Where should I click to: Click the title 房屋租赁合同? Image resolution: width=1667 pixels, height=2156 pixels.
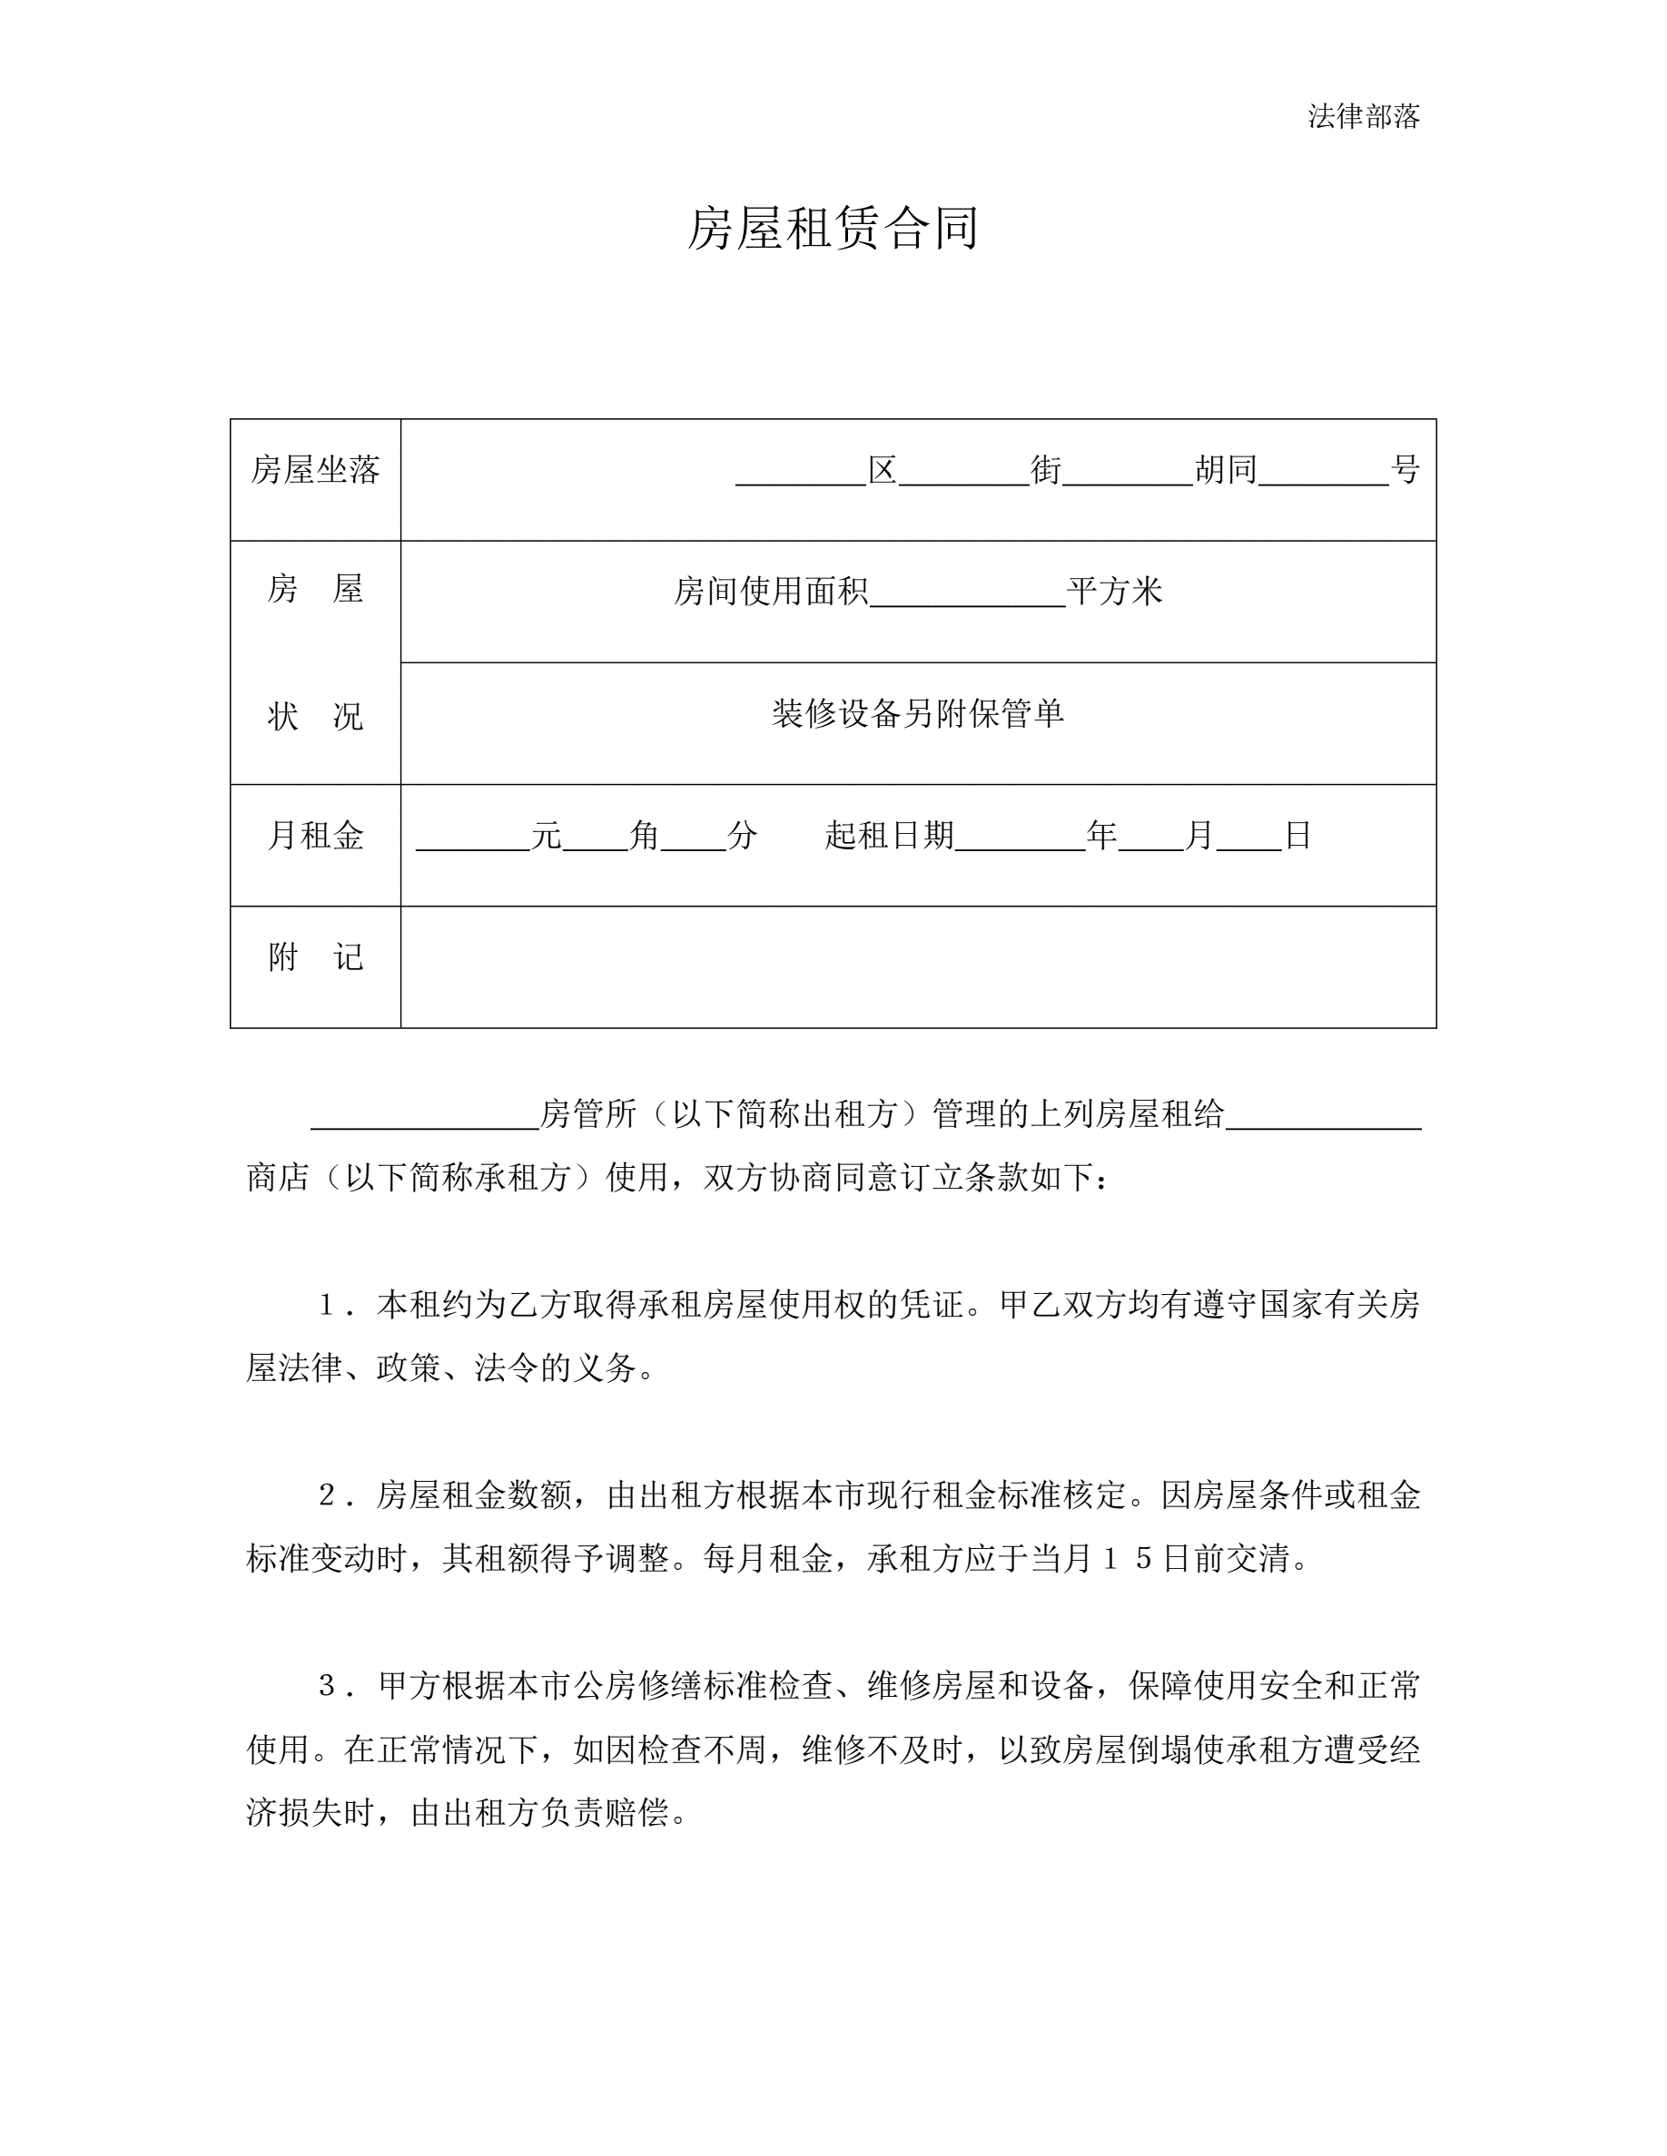pos(833,229)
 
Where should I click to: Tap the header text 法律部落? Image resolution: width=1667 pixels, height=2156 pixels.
pos(1363,116)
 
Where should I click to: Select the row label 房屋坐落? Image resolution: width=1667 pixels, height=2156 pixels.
pos(315,470)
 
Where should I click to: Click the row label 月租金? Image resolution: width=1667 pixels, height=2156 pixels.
pos(315,836)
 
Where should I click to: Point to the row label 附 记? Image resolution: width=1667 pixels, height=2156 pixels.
pos(315,956)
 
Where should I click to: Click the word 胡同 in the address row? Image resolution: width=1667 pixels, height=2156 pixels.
pos(1226,470)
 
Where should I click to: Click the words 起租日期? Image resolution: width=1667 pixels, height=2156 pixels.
pos(890,836)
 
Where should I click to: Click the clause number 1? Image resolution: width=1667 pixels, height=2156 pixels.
pos(328,1306)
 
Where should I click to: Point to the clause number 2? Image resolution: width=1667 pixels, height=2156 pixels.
pos(328,1495)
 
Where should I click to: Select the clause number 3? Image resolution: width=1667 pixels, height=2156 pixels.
pos(328,1686)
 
